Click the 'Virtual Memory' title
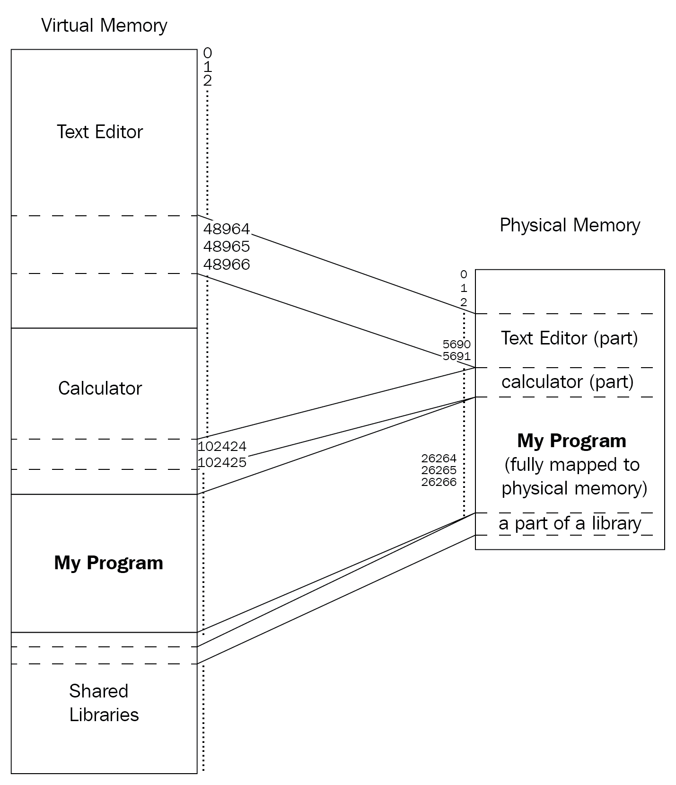click(x=104, y=26)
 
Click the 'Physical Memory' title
click(x=570, y=225)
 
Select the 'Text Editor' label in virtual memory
click(x=100, y=132)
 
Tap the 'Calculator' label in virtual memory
click(x=100, y=388)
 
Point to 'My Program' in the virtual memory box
click(x=108, y=563)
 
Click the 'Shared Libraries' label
click(x=104, y=703)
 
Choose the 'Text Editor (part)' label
click(x=569, y=338)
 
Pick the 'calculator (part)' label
click(x=567, y=382)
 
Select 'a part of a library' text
click(x=570, y=523)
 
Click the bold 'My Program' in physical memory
click(x=571, y=441)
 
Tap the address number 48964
click(x=227, y=229)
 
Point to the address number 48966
click(x=227, y=265)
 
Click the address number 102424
click(x=222, y=446)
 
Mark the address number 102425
click(x=222, y=462)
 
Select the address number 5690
click(x=457, y=344)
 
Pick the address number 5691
click(x=457, y=356)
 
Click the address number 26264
click(x=439, y=458)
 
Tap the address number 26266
click(x=439, y=482)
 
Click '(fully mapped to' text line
click(x=572, y=465)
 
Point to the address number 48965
click(x=227, y=247)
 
